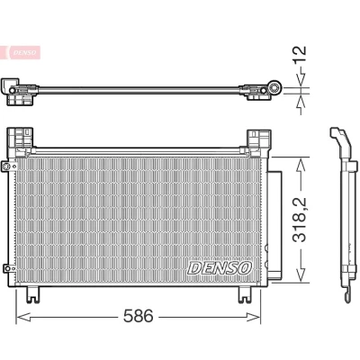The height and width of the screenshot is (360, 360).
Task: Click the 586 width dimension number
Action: coord(139,316)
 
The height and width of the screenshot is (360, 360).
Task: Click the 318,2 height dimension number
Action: coord(300,220)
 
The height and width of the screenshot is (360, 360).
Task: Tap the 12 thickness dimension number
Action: coord(300,54)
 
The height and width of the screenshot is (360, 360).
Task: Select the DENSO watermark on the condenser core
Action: coord(220,267)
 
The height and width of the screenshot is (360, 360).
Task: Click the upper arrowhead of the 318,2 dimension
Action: coord(301,165)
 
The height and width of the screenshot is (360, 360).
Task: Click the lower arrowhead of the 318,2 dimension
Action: coord(301,274)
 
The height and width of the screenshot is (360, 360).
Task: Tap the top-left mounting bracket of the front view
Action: coord(21,139)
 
